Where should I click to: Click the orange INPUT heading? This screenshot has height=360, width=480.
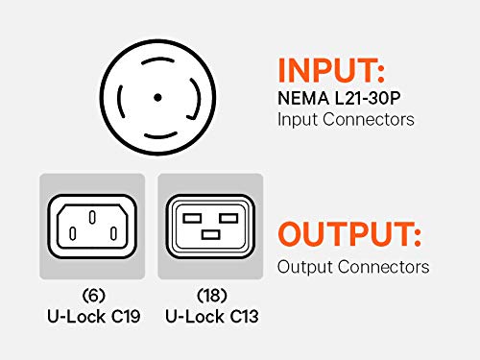(331, 70)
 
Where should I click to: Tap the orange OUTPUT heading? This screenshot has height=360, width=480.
(349, 234)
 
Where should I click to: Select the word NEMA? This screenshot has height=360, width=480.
(303, 98)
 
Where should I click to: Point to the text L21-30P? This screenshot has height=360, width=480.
(368, 98)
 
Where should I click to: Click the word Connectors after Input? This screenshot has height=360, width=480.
(369, 119)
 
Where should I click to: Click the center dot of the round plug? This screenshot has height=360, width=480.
(157, 97)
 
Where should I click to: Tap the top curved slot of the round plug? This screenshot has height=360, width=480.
(157, 60)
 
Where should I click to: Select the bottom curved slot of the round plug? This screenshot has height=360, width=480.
(160, 135)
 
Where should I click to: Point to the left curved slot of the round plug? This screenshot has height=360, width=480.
(120, 101)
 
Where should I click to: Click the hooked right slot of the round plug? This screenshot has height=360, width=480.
(196, 99)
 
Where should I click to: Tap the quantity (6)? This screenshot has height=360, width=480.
(93, 296)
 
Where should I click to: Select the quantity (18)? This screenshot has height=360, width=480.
(212, 296)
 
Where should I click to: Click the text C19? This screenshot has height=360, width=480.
(126, 317)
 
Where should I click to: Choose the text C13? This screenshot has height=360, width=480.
(244, 317)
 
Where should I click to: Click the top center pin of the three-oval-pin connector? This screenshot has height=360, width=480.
(92, 218)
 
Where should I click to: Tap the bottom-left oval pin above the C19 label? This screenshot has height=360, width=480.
(73, 233)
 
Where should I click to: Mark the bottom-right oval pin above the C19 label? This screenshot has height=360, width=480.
(113, 233)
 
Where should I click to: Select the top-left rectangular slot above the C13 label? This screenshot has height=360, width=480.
(192, 218)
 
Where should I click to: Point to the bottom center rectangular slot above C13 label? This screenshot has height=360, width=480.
(211, 235)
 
